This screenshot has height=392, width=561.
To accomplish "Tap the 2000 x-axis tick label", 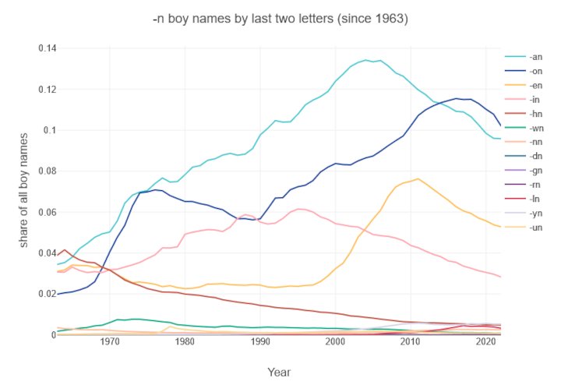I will [x=335, y=342].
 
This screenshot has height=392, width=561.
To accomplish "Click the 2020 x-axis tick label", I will [x=485, y=342].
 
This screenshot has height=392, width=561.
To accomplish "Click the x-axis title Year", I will [x=280, y=372].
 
